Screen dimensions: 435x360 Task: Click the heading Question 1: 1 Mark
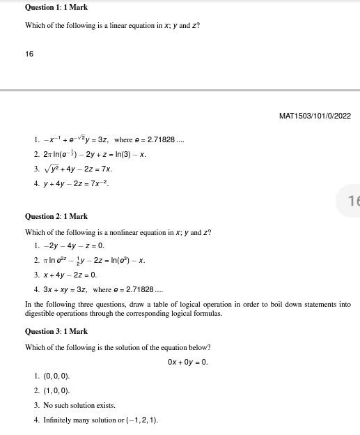[56, 7]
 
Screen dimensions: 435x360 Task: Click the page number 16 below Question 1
[29, 54]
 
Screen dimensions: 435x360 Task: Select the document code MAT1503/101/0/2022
[315, 116]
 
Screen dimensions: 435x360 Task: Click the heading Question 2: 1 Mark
[56, 217]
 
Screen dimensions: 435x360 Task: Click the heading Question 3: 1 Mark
[56, 332]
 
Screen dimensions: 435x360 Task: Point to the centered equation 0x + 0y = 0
[188, 362]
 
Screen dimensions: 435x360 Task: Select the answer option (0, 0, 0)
[56, 376]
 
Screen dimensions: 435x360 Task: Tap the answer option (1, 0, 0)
[56, 391]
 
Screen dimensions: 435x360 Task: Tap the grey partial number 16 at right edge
[353, 201]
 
